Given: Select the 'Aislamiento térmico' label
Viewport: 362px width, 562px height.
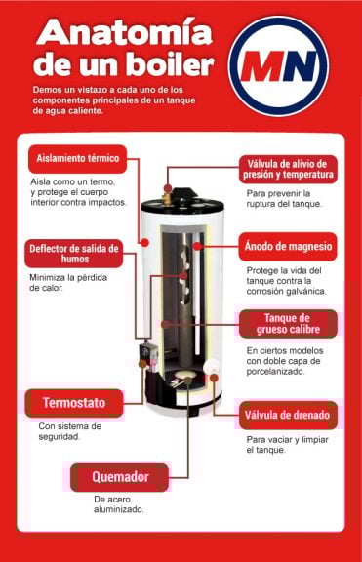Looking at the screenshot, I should (x=78, y=158).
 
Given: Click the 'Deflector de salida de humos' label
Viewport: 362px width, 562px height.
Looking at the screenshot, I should (x=74, y=253).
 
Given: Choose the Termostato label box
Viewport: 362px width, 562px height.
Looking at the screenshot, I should (x=74, y=402).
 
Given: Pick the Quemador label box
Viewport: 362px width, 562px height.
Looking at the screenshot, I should (x=119, y=477).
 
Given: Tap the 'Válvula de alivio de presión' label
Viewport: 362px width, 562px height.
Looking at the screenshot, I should (x=289, y=168).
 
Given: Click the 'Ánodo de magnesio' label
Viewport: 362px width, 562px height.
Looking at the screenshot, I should (x=289, y=246).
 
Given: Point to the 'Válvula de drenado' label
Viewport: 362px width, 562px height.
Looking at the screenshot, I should (x=288, y=415).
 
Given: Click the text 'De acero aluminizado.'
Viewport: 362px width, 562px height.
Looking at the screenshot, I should (x=119, y=503).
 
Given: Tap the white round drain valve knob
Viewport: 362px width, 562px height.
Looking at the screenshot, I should (x=213, y=367).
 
